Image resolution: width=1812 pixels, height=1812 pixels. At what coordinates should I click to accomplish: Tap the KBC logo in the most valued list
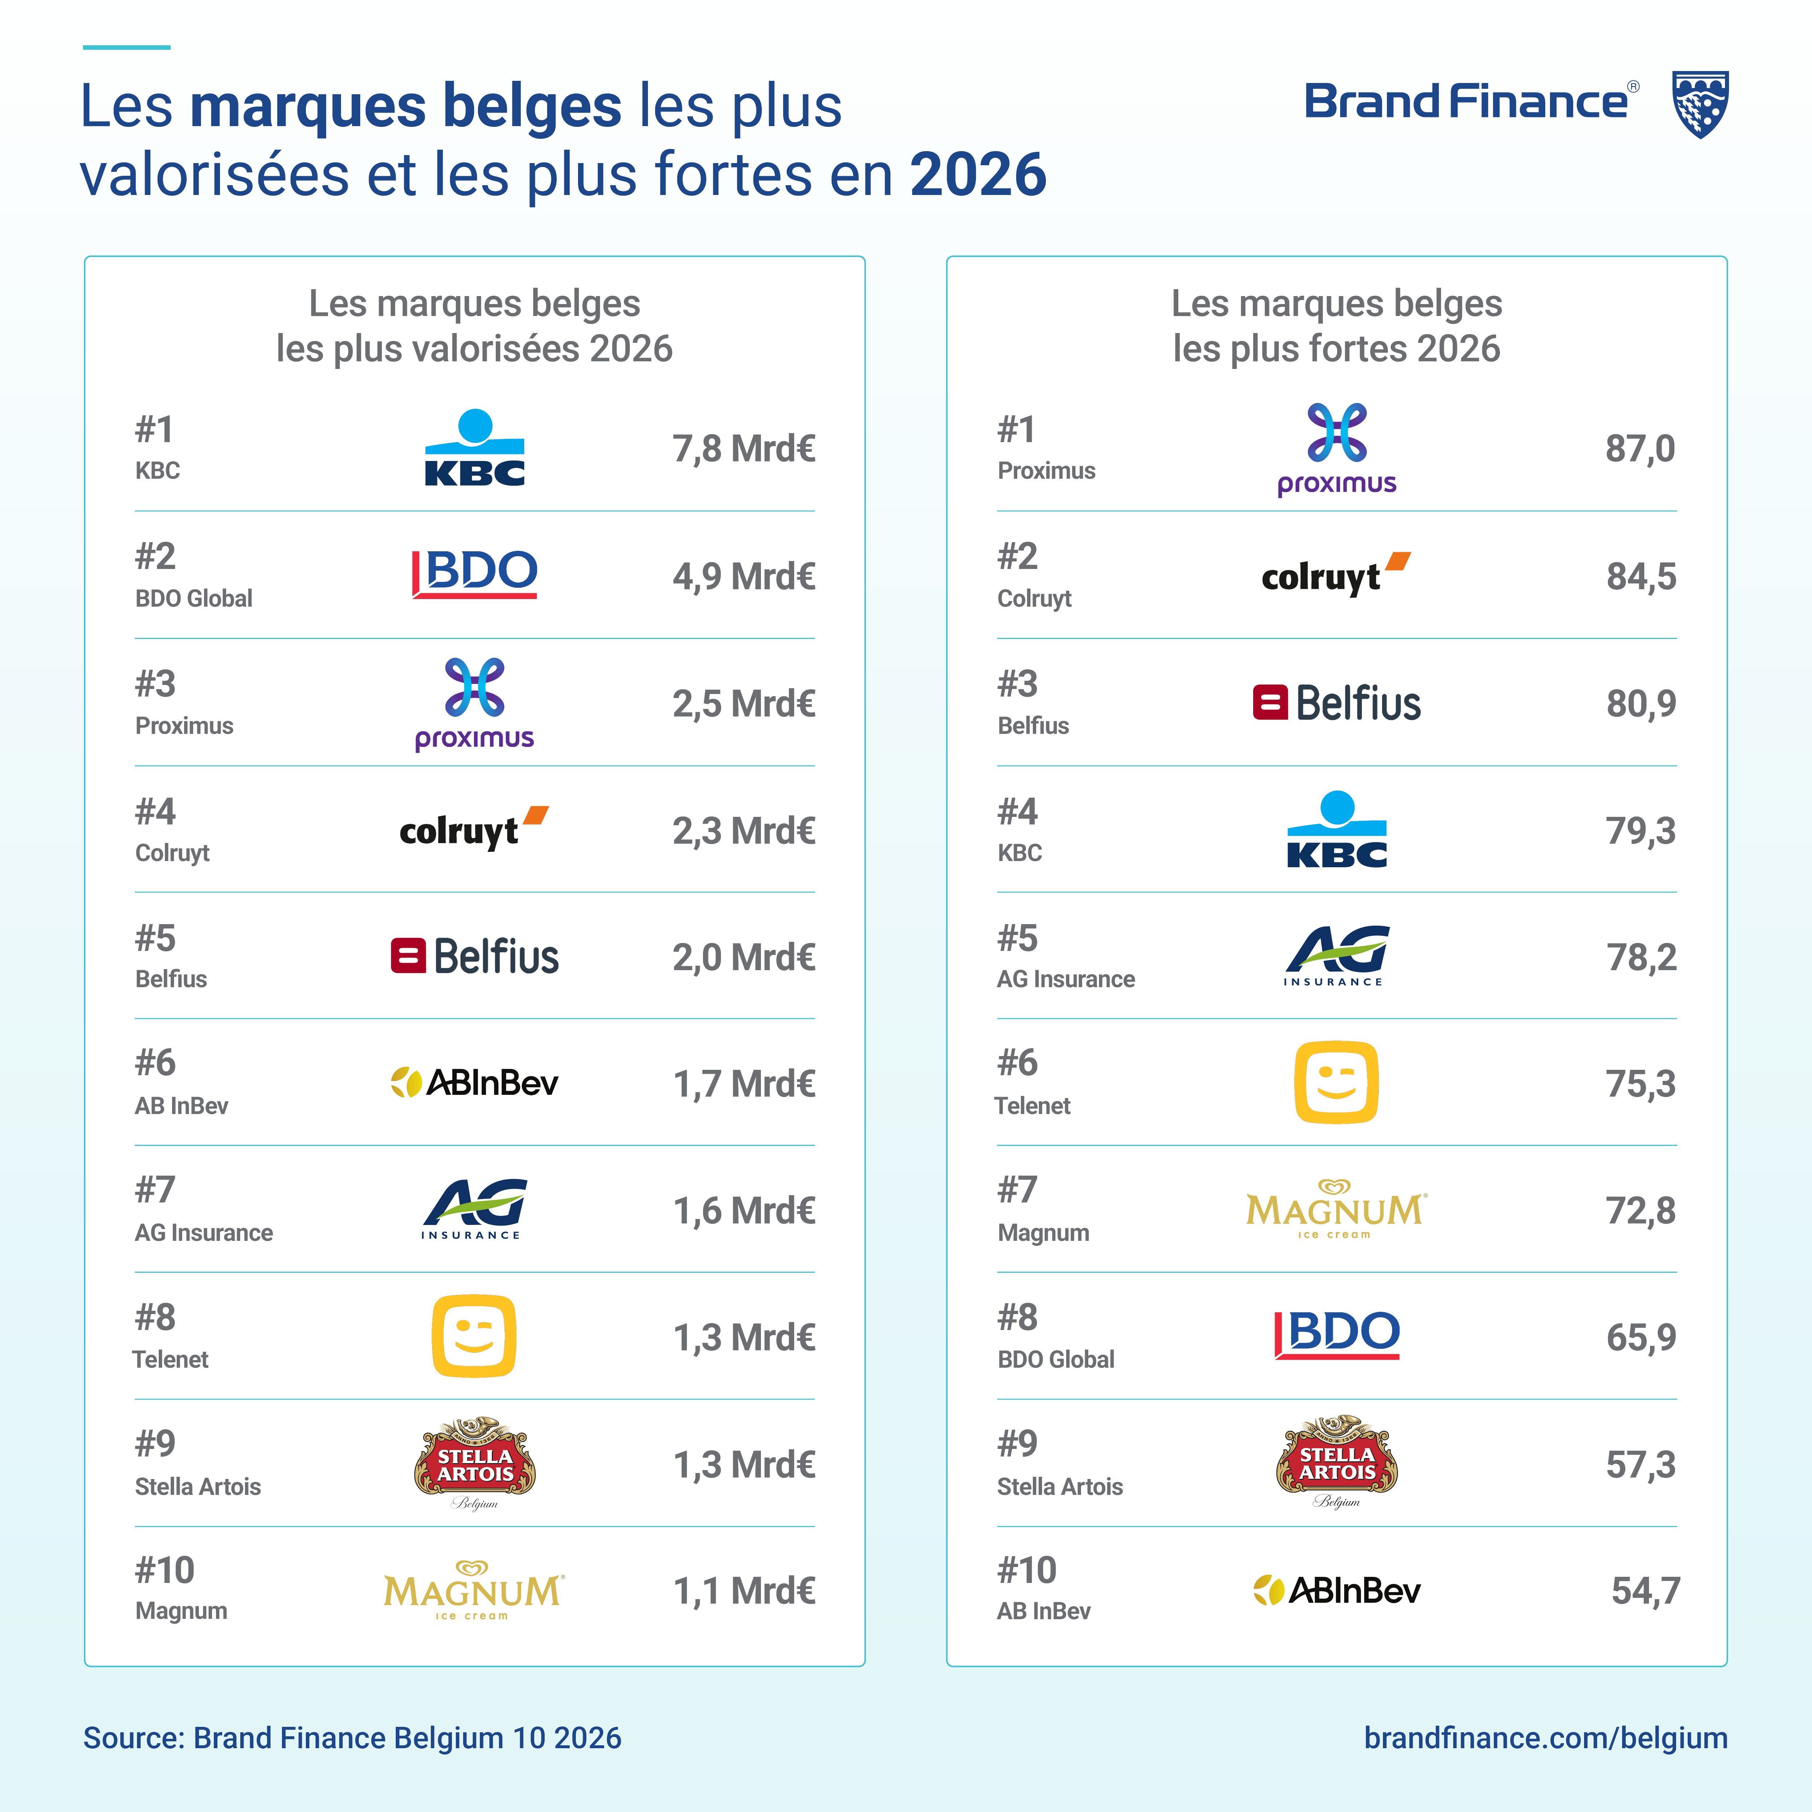pyautogui.click(x=475, y=448)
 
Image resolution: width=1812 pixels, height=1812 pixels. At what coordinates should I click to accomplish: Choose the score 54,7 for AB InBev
pyautogui.click(x=1645, y=1591)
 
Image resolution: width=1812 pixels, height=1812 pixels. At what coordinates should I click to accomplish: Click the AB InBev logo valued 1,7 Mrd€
pyautogui.click(x=475, y=1082)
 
